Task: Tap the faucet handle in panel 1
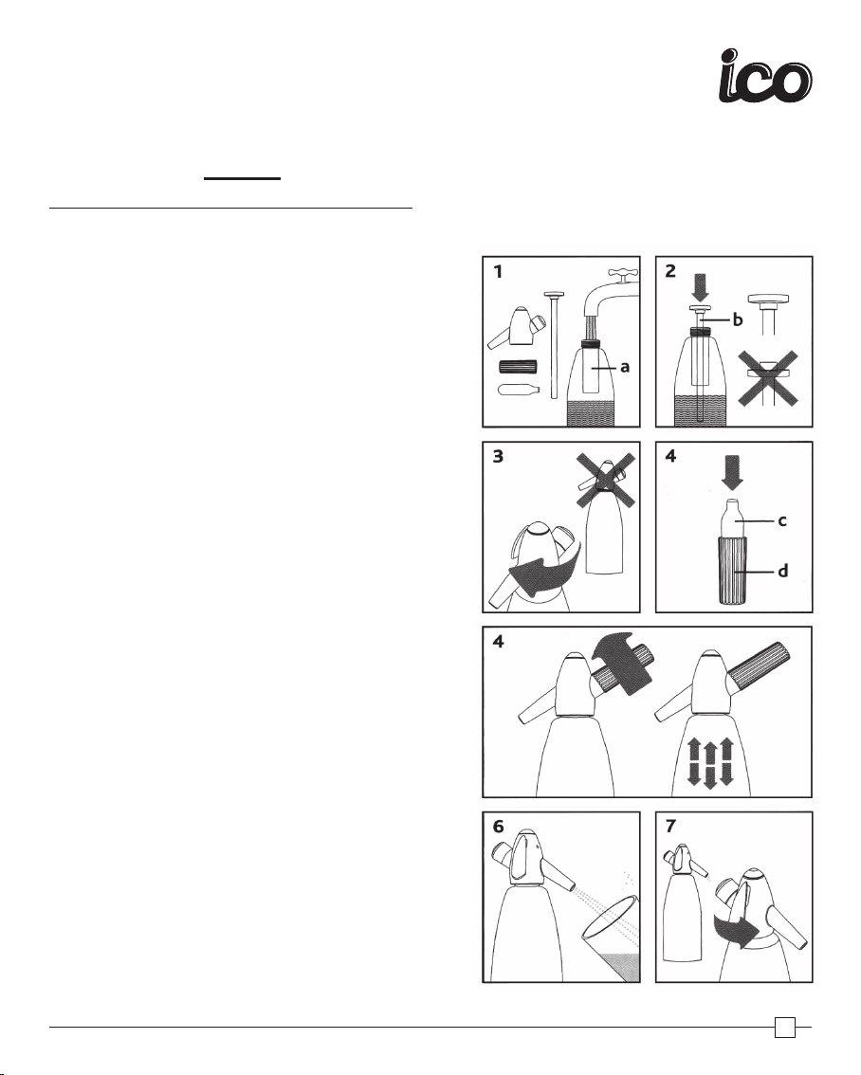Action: click(623, 276)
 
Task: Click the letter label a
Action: click(625, 367)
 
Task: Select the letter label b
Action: click(738, 319)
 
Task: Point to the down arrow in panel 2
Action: click(700, 286)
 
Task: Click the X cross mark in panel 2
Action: click(768, 377)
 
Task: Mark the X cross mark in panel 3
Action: click(604, 481)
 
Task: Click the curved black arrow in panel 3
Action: click(545, 572)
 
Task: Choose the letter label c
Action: click(782, 521)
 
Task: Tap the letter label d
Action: click(783, 570)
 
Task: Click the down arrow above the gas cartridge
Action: click(733, 474)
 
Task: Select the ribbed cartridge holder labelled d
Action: click(733, 570)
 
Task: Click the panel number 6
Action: click(499, 826)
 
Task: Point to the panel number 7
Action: click(671, 826)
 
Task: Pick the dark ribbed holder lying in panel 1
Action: click(518, 367)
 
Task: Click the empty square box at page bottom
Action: click(785, 1028)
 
